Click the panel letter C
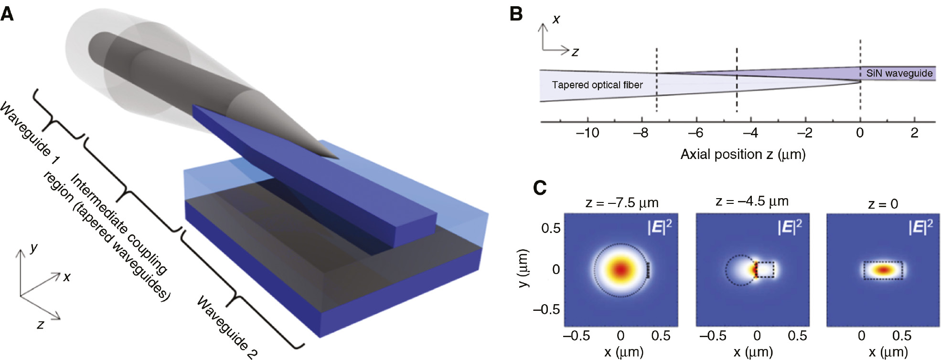pos(539,188)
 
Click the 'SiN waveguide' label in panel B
pos(899,74)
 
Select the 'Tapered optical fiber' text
pos(597,85)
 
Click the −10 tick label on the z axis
pos(587,133)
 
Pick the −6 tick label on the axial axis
pos(695,133)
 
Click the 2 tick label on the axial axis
pos(914,133)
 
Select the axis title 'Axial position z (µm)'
pos(743,154)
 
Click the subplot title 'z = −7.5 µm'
pos(621,203)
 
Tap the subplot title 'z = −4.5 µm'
pos(751,201)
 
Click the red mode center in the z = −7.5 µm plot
pos(620,270)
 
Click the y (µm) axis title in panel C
pos(524,268)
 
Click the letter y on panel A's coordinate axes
pos(33,247)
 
